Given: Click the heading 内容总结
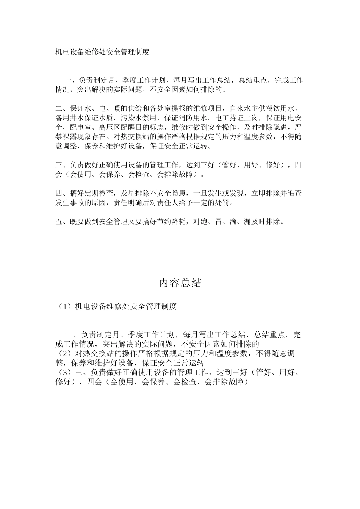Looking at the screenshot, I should [x=180, y=283].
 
